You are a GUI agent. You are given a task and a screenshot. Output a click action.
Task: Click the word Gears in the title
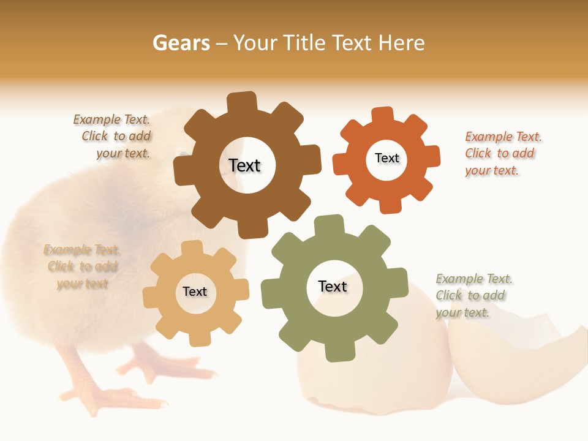181,43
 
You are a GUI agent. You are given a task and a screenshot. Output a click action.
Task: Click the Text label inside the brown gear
244,165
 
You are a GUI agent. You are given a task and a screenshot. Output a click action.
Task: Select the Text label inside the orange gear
386,158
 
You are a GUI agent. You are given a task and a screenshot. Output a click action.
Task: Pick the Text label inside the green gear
333,286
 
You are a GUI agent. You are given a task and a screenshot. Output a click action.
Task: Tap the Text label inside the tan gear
195,292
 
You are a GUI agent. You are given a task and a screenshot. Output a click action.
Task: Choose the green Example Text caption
473,295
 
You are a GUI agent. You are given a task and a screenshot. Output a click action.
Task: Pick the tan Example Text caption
81,266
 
